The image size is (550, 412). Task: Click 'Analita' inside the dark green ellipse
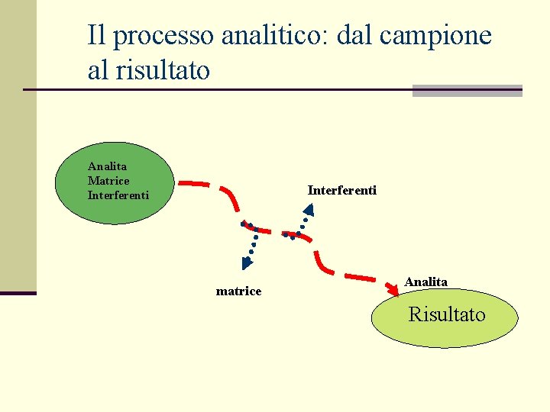[x=108, y=166]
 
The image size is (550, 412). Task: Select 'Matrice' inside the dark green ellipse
[x=108, y=181]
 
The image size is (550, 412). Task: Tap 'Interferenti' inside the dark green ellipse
[x=118, y=195]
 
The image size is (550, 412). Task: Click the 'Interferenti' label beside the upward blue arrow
[x=341, y=190]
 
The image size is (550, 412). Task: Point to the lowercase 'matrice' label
[x=238, y=291]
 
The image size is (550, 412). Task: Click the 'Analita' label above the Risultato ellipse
[x=425, y=282]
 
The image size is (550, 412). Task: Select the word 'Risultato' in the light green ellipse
[x=447, y=314]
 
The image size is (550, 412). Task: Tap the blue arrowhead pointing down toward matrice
[x=247, y=264]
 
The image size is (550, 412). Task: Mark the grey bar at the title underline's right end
[x=467, y=91]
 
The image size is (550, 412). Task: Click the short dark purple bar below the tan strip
[x=18, y=293]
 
